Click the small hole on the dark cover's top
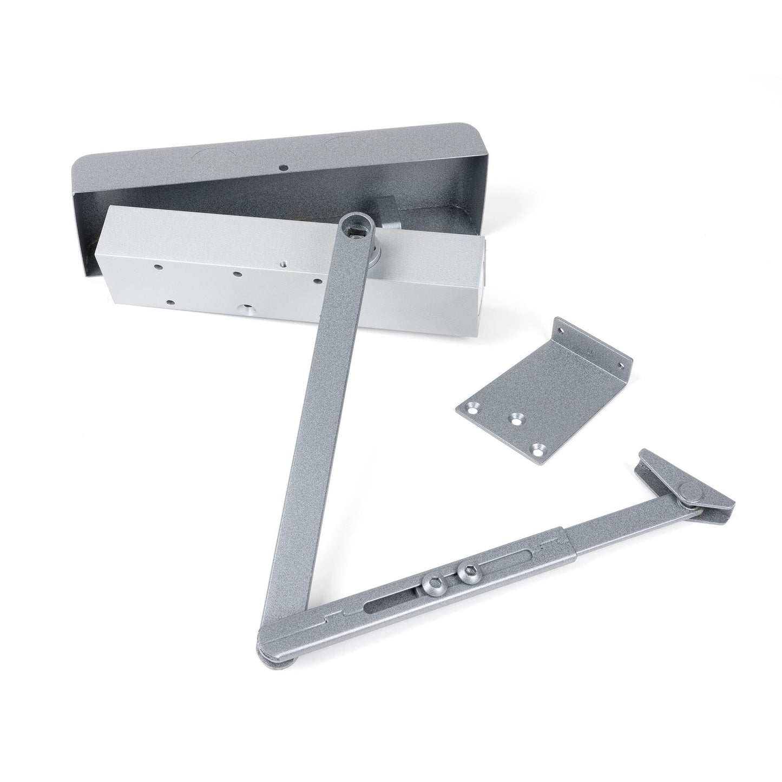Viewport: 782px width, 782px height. [281, 167]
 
